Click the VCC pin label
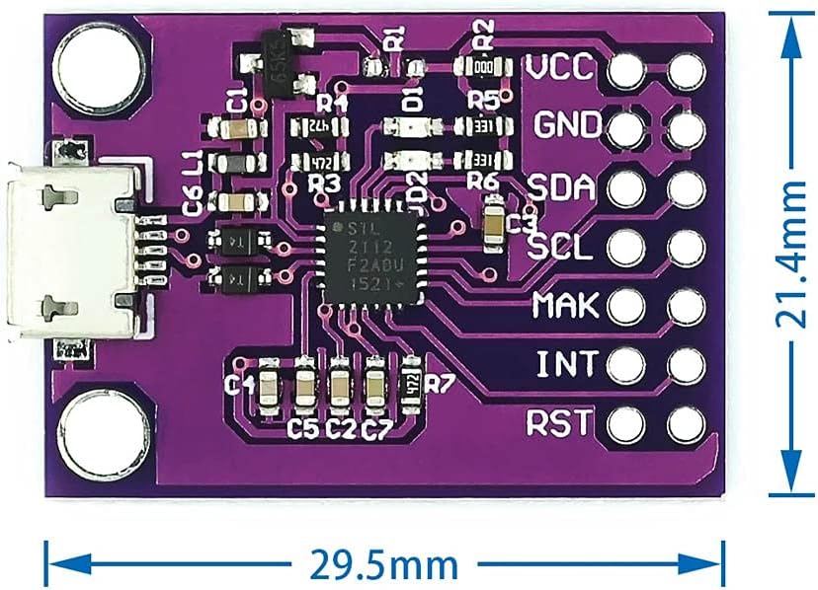(x=559, y=69)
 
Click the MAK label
(x=564, y=306)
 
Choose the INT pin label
(x=566, y=365)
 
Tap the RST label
(x=560, y=424)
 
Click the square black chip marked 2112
(x=368, y=256)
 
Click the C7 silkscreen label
(x=376, y=430)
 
